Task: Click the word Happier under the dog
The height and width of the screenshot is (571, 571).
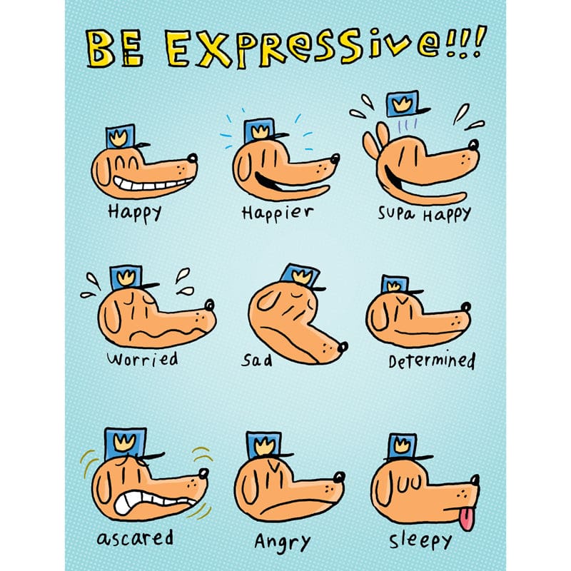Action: coord(278,213)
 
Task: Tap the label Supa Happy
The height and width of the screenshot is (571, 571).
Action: coord(424,213)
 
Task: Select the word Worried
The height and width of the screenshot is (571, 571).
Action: coord(142,359)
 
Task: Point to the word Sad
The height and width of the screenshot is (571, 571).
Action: coord(257,360)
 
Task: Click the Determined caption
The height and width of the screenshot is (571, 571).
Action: coord(432,360)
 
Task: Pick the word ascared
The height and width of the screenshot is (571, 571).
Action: coord(135,538)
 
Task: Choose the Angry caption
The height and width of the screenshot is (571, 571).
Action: coord(282,542)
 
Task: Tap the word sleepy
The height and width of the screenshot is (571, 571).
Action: coord(420,541)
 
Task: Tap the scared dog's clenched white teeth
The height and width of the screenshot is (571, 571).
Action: coord(146,502)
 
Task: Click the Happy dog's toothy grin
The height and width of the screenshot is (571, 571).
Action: coord(151,183)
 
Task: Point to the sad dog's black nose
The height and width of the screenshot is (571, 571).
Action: coord(343,347)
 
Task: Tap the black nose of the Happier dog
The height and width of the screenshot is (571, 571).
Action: coord(335,158)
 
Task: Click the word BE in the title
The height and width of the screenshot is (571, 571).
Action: coord(114,49)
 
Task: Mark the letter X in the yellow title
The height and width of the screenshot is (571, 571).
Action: coord(212,49)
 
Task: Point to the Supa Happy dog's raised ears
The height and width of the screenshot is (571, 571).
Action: coord(376,142)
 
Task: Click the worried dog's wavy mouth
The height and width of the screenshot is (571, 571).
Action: coord(166,333)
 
